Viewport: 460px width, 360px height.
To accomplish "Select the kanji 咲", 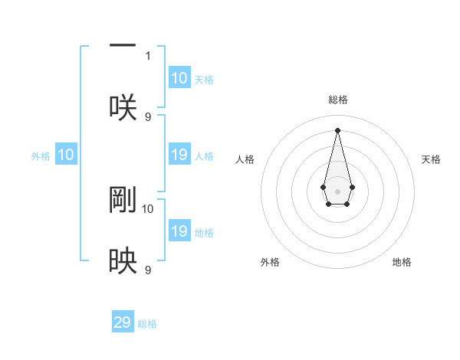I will tap(123, 107).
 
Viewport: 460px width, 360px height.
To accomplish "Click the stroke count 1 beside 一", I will tap(148, 56).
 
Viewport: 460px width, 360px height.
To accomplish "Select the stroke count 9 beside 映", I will tap(148, 270).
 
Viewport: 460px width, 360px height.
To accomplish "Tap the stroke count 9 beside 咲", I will tap(148, 116).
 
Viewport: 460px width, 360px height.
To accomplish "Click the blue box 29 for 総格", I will tap(123, 322).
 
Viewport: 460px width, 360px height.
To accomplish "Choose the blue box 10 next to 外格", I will tap(66, 155).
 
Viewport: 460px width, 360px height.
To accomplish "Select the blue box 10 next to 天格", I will tap(179, 78).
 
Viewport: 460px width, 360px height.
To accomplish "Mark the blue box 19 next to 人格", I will tap(179, 155).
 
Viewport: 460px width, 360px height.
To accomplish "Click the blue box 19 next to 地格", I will tap(179, 231).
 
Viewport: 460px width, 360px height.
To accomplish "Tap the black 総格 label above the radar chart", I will tap(337, 100).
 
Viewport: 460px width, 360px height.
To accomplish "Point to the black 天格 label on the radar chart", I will tap(431, 159).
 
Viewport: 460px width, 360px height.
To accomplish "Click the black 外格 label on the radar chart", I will tap(270, 262).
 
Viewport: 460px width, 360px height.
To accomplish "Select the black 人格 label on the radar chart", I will tap(245, 159).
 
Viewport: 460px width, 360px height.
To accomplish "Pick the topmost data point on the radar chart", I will tap(337, 129).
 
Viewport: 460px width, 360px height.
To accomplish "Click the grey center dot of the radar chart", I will tap(337, 191).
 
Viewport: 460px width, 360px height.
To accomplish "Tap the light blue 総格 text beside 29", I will tap(147, 324).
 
